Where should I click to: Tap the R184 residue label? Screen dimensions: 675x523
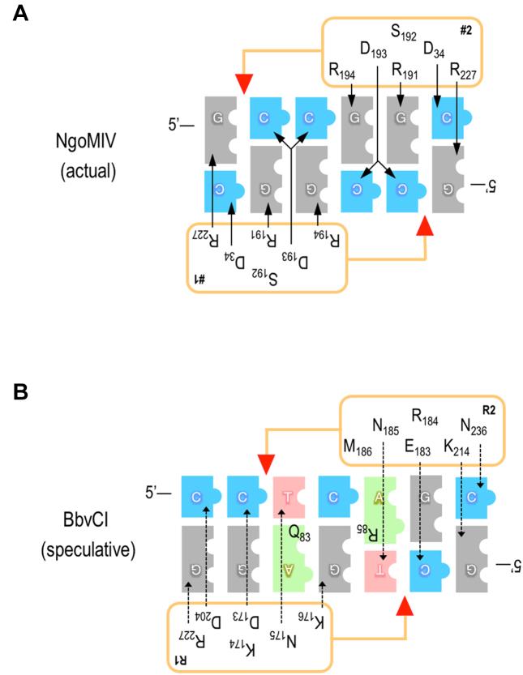click(x=427, y=418)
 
